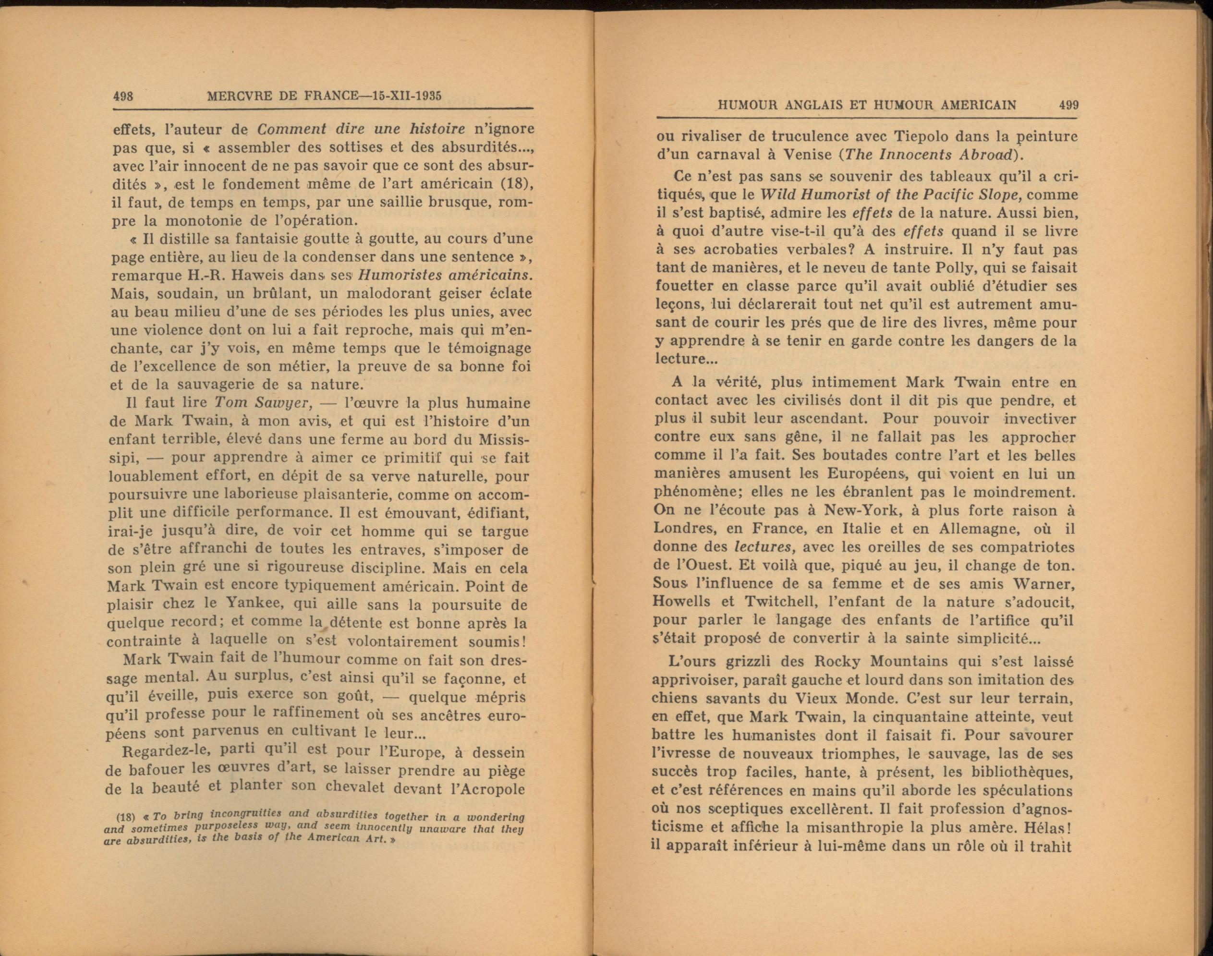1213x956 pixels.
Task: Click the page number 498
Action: [122, 96]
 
